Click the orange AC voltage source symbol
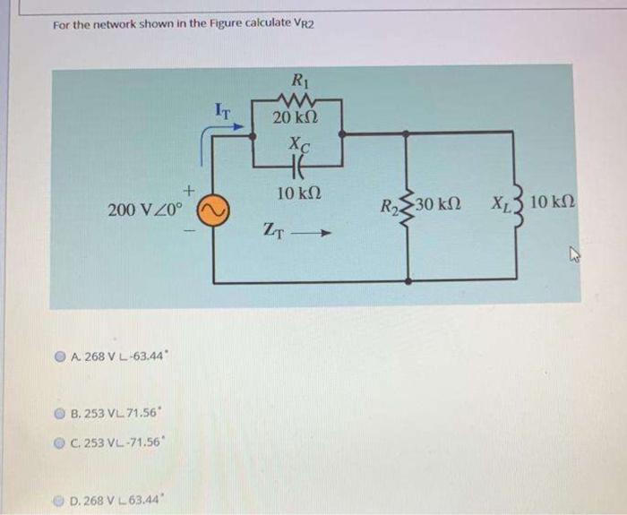[x=214, y=210]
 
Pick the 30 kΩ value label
[x=439, y=205]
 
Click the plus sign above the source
[x=189, y=191]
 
